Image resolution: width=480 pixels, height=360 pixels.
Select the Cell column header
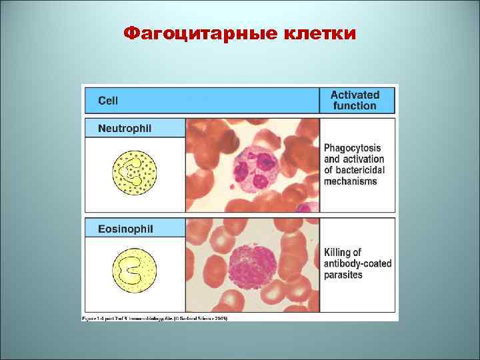pyautogui.click(x=108, y=101)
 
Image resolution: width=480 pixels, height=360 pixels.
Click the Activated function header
pyautogui.click(x=355, y=100)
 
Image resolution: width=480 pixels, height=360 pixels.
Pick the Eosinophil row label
pyautogui.click(x=125, y=229)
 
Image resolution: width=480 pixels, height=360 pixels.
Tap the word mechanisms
pyautogui.click(x=350, y=182)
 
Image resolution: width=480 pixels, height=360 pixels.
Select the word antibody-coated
pyautogui.click(x=357, y=263)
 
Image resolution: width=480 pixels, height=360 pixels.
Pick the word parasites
pyautogui.click(x=343, y=275)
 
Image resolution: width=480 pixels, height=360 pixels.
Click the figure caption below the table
pyautogui.click(x=155, y=319)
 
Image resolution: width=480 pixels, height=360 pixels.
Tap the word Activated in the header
pyautogui.click(x=355, y=95)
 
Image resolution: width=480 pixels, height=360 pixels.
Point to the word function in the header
pyautogui.click(x=355, y=106)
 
